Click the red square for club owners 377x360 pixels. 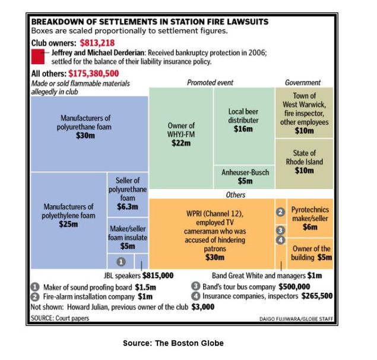(38, 56)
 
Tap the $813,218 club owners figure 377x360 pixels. (97, 43)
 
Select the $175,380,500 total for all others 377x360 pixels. (94, 74)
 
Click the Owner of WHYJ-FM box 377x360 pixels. (181, 138)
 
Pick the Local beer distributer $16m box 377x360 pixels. (244, 126)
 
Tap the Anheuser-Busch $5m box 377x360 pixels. (244, 177)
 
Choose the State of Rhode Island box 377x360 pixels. (304, 164)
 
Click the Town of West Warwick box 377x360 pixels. (304, 113)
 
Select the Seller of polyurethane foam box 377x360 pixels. (128, 194)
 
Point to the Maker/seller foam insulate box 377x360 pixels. (128, 235)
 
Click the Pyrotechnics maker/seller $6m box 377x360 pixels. (310, 218)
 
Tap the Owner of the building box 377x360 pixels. (310, 254)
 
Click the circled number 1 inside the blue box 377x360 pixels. (121, 261)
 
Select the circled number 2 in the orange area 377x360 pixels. (280, 212)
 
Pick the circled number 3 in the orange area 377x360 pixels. (280, 230)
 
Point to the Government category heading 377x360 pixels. (303, 83)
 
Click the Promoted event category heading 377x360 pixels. (210, 83)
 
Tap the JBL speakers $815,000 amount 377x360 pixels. (158, 276)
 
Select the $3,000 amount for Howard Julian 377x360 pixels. (202, 307)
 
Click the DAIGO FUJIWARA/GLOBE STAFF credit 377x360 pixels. (296, 319)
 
